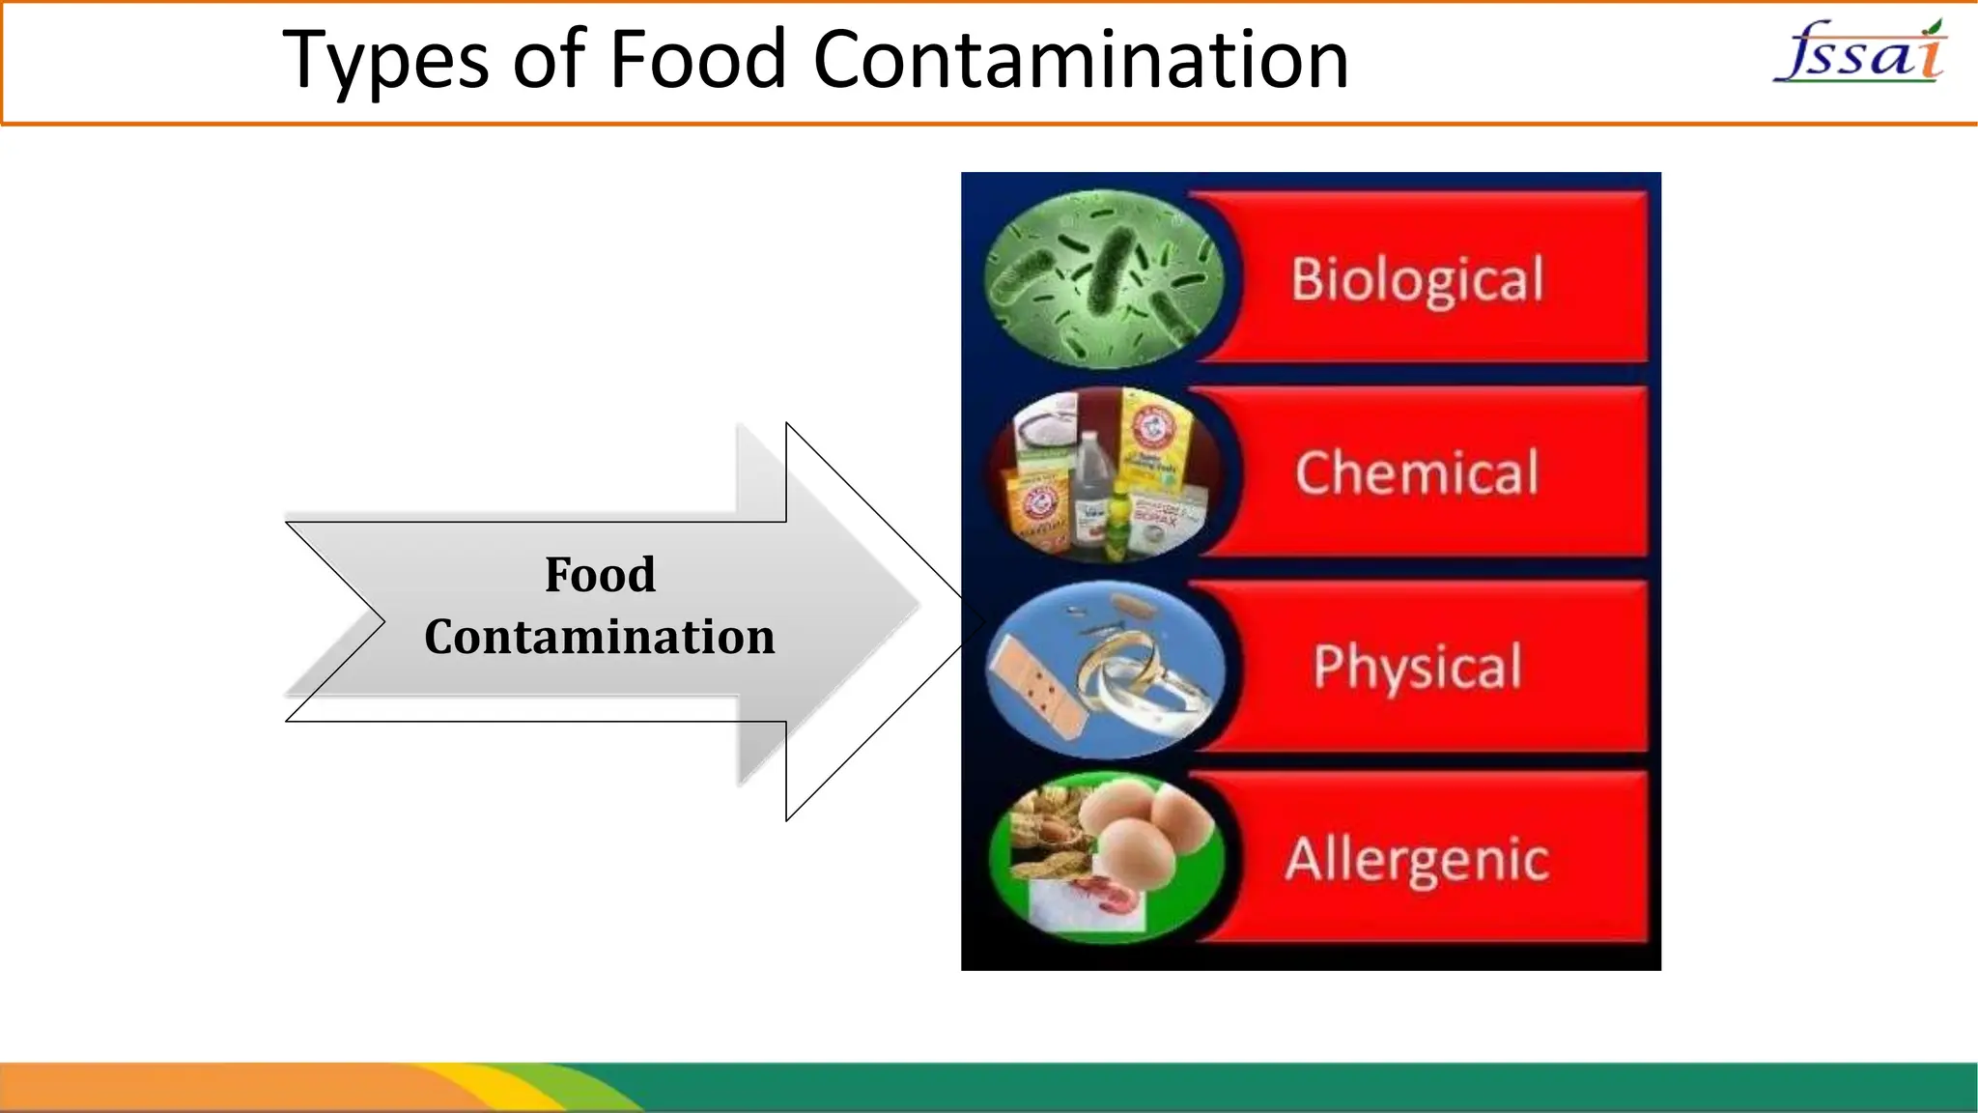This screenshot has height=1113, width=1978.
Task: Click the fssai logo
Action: (1859, 53)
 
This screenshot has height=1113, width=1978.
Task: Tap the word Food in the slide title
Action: (697, 60)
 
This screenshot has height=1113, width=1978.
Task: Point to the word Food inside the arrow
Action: (600, 575)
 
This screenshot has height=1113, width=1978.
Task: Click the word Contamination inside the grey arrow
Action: (600, 638)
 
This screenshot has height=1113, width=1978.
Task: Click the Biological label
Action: (1417, 280)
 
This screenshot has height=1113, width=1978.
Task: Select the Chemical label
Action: (1417, 473)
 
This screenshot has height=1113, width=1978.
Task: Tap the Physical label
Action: (1417, 667)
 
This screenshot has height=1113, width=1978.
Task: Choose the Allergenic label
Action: (1417, 860)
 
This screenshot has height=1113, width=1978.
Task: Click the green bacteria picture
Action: (1104, 279)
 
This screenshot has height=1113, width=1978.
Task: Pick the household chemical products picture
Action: (1104, 473)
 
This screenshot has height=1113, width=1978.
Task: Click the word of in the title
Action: (549, 60)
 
